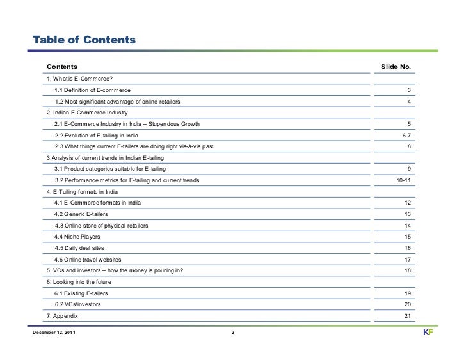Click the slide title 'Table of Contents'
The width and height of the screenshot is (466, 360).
[80, 41]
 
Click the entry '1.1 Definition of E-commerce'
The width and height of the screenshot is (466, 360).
[92, 90]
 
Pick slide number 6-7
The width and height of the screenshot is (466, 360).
[406, 135]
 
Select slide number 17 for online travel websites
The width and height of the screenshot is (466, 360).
[407, 259]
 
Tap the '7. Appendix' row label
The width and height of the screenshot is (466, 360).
[63, 316]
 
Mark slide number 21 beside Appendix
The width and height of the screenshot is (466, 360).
[407, 316]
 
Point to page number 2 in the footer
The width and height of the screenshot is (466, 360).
[233, 333]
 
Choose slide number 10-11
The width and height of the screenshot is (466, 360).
[404, 180]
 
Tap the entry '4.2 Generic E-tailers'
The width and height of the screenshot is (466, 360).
[81, 214]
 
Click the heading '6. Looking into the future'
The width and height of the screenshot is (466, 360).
[83, 282]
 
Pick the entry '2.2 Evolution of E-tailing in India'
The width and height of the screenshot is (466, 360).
[96, 135]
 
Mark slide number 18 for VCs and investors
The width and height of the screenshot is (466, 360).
[407, 270]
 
